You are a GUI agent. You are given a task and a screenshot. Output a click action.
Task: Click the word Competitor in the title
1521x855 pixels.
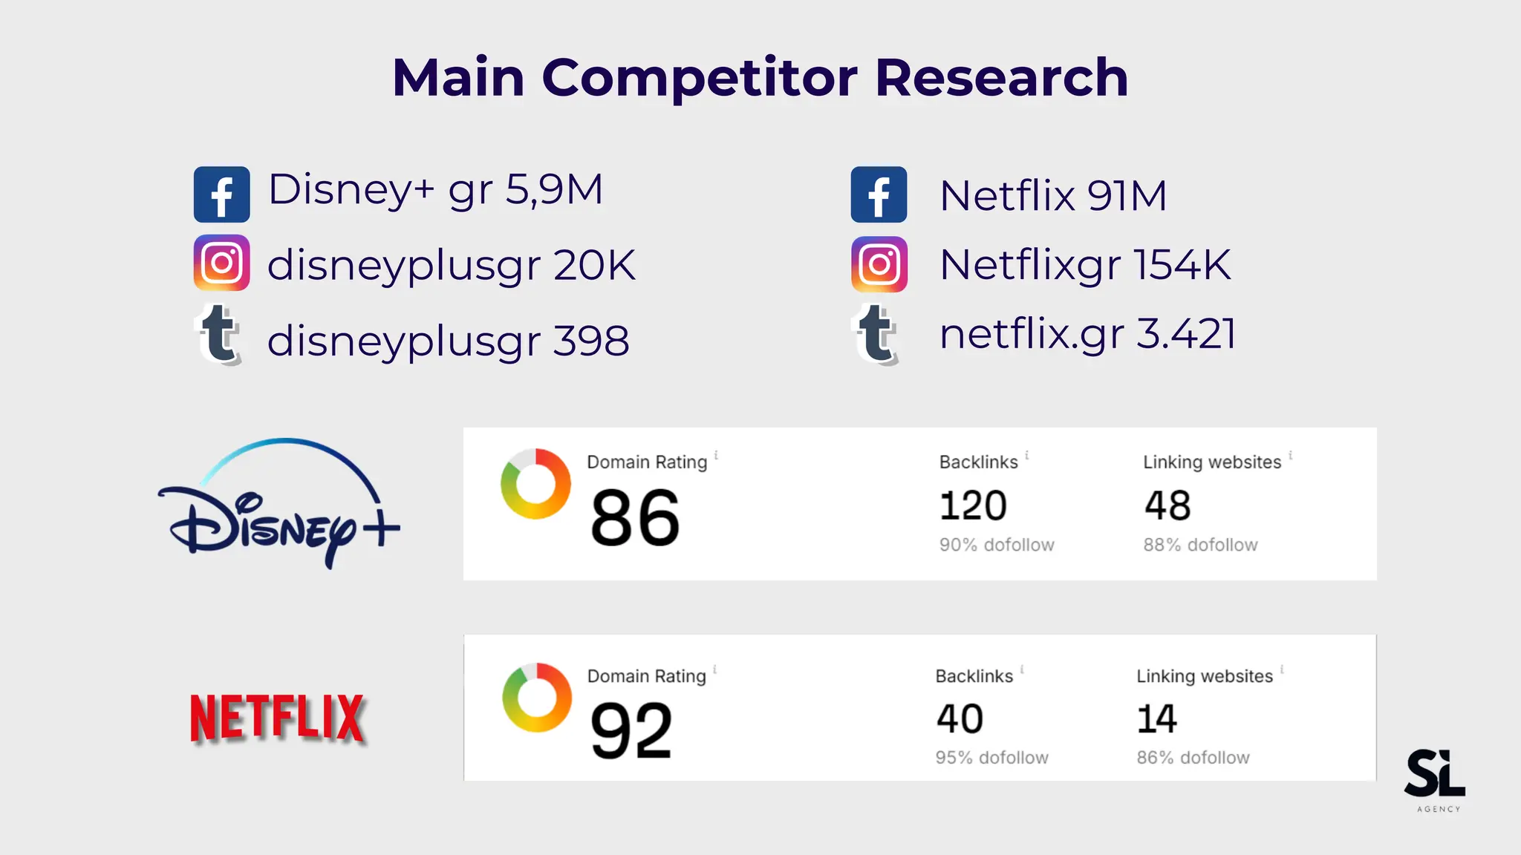coord(699,78)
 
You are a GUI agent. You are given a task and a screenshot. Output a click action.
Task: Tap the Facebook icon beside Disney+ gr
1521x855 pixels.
coord(221,194)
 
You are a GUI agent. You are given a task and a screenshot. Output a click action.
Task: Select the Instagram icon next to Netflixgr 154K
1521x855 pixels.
coord(879,264)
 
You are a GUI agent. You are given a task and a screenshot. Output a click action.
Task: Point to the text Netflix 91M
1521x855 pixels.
coord(1052,196)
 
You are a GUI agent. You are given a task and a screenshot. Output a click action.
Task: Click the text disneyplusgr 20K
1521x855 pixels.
coord(451,265)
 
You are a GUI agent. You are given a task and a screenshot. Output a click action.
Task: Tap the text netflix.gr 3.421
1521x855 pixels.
coord(1087,334)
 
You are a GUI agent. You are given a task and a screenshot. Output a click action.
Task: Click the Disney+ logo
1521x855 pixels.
coord(279,505)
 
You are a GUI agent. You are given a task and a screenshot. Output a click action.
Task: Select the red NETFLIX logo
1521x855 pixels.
coord(277,718)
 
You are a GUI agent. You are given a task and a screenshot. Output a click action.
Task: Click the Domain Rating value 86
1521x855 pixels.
coord(635,518)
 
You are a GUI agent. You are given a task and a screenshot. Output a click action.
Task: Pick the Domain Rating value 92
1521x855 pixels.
coord(631,731)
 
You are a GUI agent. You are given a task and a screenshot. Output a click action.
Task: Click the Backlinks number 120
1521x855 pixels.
coord(973,506)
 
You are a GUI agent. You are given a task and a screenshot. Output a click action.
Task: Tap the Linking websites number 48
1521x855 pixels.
coord(1167,506)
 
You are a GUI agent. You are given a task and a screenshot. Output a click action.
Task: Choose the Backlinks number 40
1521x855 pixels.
coord(960,719)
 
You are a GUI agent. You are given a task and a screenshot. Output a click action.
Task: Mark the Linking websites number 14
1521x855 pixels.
coord(1156,719)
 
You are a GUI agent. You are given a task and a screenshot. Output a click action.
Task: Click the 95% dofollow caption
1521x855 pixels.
coord(991,758)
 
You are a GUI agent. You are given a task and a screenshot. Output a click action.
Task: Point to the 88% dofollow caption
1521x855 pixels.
coord(1200,545)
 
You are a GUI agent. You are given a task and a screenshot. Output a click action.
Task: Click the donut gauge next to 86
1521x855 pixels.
coord(535,484)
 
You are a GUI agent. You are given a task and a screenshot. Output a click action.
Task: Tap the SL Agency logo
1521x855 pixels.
coord(1435,779)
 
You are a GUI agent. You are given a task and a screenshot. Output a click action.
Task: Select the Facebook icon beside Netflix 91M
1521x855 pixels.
coord(879,194)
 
